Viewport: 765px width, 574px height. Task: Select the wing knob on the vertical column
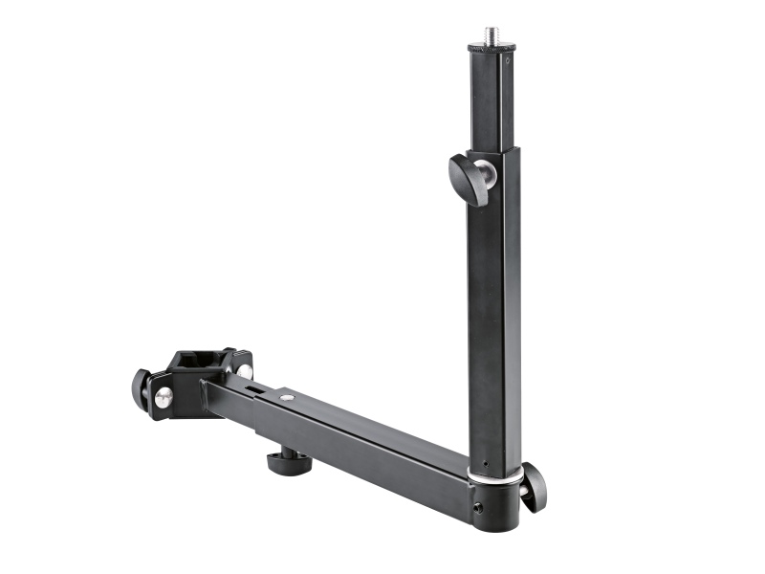click(x=468, y=179)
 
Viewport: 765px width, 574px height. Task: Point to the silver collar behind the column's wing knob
click(x=488, y=174)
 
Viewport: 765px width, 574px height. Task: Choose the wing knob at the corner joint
click(x=531, y=486)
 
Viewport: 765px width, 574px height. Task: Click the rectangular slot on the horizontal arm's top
click(x=253, y=388)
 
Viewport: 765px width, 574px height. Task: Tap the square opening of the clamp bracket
click(x=198, y=362)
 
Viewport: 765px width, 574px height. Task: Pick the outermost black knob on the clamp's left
click(x=141, y=390)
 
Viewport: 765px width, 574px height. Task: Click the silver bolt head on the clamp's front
click(x=164, y=397)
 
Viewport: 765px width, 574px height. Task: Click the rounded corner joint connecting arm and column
click(x=497, y=502)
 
